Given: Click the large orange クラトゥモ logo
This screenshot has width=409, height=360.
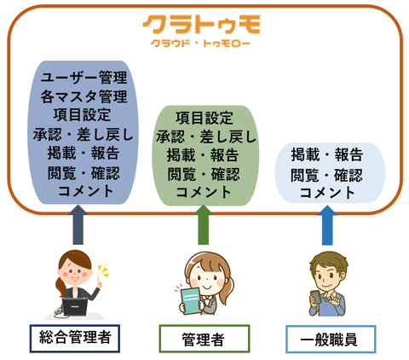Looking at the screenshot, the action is pos(201,25).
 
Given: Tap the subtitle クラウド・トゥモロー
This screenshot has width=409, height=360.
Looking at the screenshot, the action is pos(200,44).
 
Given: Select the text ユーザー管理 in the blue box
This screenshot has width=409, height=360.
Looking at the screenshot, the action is pos(84,78).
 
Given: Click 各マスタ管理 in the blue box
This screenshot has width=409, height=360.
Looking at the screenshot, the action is pos(84,96).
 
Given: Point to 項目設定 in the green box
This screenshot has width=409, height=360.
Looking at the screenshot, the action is pos(204,118).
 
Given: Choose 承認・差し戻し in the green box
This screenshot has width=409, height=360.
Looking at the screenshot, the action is pos(206,136).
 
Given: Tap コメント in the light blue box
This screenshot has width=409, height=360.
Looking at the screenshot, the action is pos(327,193).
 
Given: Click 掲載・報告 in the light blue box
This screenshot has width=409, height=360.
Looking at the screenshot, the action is pos(327,155).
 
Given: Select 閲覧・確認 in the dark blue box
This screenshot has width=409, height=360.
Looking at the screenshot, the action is pos(84,173).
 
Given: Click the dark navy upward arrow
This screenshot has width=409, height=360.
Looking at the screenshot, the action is pos(78,224).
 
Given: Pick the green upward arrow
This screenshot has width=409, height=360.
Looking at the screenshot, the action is pos(204,224).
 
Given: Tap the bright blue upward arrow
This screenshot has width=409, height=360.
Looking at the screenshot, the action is pos(327,225).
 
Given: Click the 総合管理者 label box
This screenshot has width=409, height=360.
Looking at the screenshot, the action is pos(75,339).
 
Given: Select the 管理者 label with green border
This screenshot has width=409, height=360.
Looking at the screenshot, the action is pos(204,339).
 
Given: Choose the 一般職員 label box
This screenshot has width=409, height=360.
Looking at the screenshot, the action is pos(331,339).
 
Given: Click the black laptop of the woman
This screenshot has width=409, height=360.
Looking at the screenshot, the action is pos(74,306).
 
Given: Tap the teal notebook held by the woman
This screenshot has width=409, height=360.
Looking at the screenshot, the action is pos(191,301).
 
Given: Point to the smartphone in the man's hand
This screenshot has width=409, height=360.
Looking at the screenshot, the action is pos(315,297).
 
